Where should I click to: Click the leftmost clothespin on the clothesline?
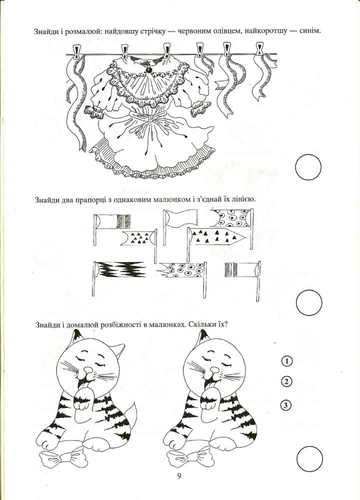[x=76, y=50]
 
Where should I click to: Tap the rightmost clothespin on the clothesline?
[x=259, y=48]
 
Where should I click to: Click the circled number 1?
[x=286, y=361]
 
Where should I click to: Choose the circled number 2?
[x=286, y=382]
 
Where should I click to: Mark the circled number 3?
[x=286, y=404]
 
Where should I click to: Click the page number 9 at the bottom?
[x=179, y=475]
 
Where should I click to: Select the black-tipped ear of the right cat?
[x=201, y=340]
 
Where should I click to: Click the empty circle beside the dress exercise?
[x=308, y=168]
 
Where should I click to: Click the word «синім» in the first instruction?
[x=309, y=31]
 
